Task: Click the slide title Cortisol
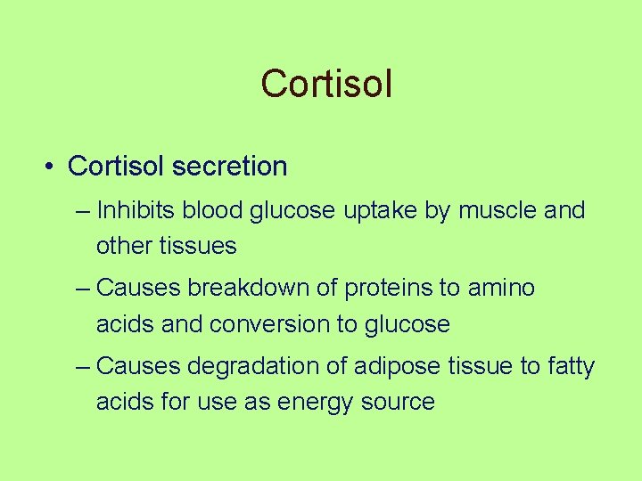(x=326, y=85)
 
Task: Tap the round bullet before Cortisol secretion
(x=52, y=167)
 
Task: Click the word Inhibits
(x=136, y=211)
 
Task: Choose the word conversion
(x=269, y=323)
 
